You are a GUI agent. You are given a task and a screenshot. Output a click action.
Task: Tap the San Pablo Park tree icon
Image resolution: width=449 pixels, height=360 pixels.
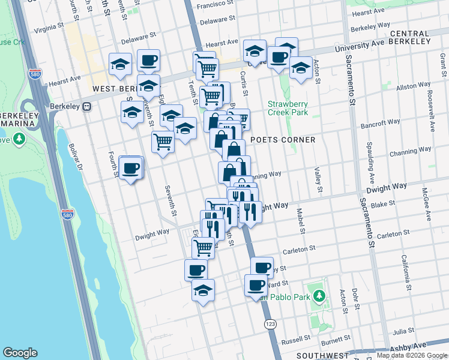(x=320, y=296)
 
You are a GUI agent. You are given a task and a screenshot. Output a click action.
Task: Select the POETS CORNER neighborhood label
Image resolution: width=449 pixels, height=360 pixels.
(x=283, y=140)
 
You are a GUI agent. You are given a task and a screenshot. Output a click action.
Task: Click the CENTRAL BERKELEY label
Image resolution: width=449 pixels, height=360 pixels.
(x=409, y=38)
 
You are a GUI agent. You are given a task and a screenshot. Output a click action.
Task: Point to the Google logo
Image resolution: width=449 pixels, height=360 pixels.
(x=20, y=353)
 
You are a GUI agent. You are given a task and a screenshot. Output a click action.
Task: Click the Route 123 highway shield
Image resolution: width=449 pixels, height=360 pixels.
(x=270, y=323)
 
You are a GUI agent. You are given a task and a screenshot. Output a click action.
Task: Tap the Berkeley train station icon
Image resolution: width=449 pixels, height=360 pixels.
(x=86, y=106)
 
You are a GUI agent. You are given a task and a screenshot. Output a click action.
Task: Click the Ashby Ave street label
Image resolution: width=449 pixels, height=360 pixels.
(x=408, y=347)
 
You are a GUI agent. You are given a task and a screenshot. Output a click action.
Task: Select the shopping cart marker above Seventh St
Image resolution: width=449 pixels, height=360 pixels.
(x=163, y=142)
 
